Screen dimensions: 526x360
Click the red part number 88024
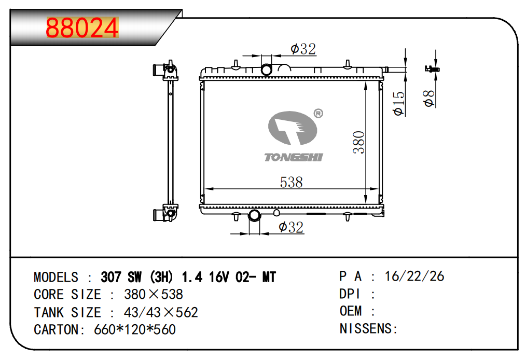(82, 28)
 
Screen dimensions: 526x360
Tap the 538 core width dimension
(291, 182)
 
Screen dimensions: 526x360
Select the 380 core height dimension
(359, 142)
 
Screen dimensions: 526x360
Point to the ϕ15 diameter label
(399, 103)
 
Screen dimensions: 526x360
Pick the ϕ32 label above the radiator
(303, 49)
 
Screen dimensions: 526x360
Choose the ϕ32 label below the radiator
(291, 227)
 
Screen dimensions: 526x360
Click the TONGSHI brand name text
(294, 157)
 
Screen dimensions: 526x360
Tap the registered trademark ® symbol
(318, 114)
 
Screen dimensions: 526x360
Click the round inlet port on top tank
(267, 70)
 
